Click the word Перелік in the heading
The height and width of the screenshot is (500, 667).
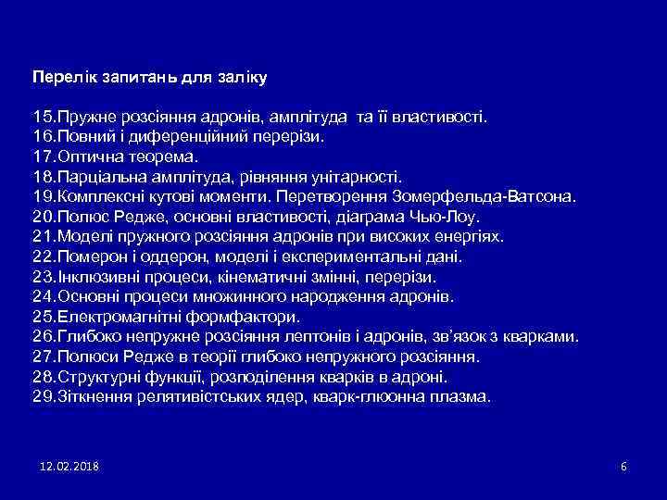coord(59,75)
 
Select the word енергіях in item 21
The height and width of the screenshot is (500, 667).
coord(475,237)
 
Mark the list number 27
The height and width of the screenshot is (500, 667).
coord(43,356)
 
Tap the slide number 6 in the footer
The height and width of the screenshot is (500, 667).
coord(623,466)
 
